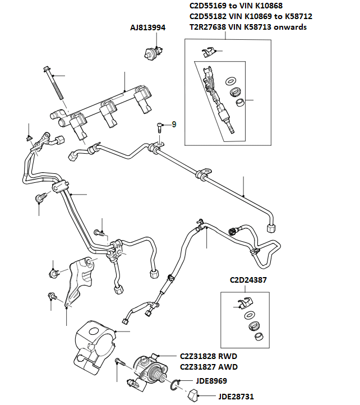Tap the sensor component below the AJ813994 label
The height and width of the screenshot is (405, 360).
[150, 52]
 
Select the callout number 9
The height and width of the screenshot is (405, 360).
[174, 125]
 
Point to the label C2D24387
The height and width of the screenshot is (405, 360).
[249, 280]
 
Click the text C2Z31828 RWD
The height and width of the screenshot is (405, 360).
[209, 356]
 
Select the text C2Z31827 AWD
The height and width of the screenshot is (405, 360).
[209, 367]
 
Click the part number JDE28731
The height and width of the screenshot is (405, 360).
[236, 397]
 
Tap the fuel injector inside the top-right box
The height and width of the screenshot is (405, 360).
[219, 98]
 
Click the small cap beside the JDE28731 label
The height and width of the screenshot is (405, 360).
[190, 397]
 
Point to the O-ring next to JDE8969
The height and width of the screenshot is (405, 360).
[176, 385]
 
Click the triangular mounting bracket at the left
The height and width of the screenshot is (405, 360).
[76, 280]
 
